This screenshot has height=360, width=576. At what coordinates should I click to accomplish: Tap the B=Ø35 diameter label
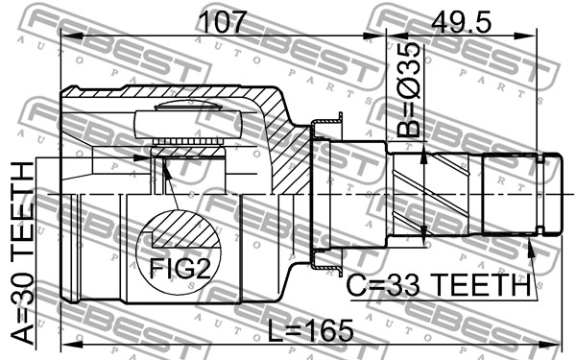[x=409, y=89]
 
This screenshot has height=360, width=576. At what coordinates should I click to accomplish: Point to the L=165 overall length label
[x=310, y=330]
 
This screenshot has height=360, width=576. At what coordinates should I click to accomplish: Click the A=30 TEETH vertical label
[x=22, y=253]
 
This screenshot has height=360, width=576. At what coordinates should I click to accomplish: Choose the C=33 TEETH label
[x=439, y=285]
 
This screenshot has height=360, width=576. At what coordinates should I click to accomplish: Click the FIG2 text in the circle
[x=180, y=268]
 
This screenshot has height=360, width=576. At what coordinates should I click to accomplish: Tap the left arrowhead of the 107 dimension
[x=70, y=36]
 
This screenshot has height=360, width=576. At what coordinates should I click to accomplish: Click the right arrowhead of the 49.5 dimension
[x=526, y=36]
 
